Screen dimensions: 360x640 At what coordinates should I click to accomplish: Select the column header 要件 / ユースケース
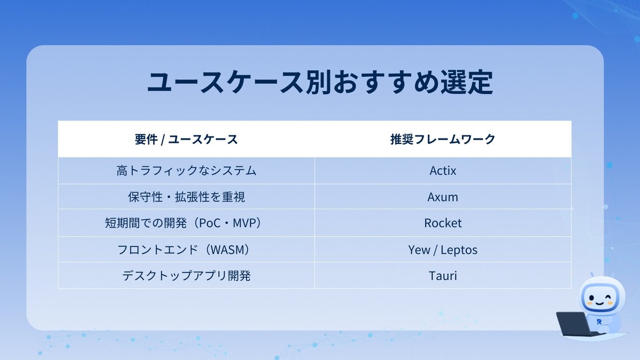[x=186, y=140]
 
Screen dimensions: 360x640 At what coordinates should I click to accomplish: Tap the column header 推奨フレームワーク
[x=443, y=140]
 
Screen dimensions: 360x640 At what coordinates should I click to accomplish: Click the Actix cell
[x=443, y=171]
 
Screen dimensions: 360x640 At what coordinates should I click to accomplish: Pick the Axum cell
[x=443, y=197]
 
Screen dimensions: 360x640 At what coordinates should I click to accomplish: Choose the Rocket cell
[x=443, y=223]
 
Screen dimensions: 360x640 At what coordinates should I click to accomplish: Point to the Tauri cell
[x=443, y=276]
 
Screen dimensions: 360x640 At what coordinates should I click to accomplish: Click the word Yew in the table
[x=419, y=250]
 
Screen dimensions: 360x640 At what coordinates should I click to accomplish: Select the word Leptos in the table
[x=459, y=250]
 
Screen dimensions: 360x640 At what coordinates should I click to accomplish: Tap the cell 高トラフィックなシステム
[x=186, y=171]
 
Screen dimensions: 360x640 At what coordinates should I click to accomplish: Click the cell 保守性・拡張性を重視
[x=186, y=197]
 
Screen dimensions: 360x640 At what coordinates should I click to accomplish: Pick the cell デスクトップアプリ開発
[x=186, y=276]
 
